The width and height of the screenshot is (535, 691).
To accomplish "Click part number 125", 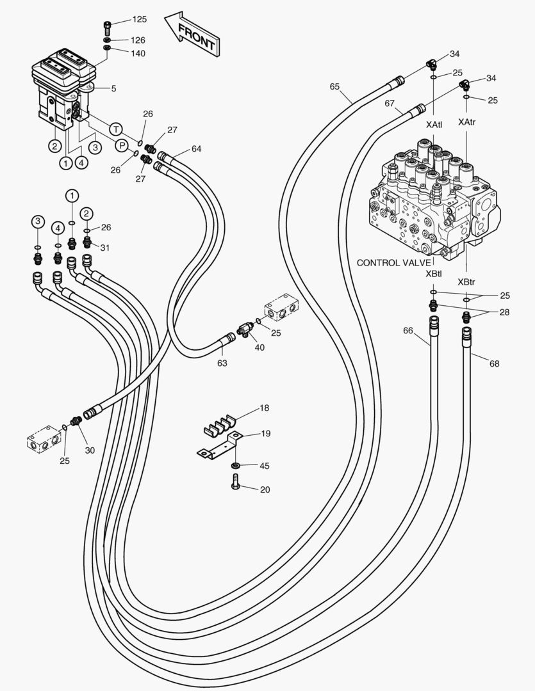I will point(139,20).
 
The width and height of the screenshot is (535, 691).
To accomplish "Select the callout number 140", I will point(138,53).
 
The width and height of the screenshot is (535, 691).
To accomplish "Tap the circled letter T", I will point(115,128).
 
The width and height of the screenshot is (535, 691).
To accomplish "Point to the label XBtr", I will point(466,282).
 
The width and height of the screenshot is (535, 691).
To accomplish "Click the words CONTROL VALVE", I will point(393,262).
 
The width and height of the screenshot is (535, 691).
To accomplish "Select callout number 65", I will point(335,86).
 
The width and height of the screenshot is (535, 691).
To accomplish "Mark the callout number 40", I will point(259,347).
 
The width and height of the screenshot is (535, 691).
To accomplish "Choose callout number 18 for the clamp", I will point(264,407).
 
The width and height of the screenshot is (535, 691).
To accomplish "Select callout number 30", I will point(90,450).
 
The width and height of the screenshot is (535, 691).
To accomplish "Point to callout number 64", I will point(196,149).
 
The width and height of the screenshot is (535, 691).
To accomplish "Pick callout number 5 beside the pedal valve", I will point(113,88).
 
